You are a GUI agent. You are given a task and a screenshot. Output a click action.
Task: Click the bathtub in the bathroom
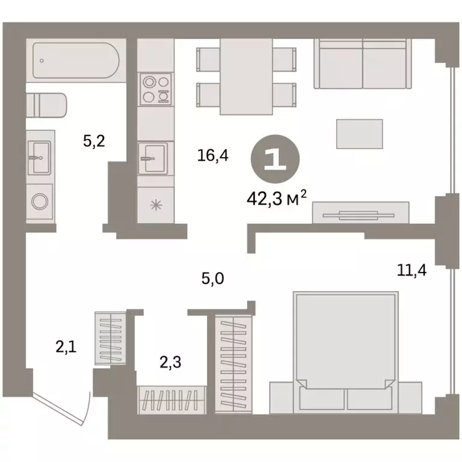pos(76,60)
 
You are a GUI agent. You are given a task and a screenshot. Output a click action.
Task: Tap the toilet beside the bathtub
pos(46,105)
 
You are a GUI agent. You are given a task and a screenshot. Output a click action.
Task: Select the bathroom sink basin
pos(40,158)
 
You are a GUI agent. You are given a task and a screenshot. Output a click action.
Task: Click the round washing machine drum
pos(40,202)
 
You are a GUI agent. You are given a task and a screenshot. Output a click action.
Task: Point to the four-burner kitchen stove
pos(155,89)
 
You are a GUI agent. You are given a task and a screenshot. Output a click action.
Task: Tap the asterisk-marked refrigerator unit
pos(156,205)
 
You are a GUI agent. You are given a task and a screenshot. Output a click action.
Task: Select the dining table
pos(246,76)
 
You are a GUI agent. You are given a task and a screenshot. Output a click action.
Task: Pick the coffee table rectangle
pos(360,134)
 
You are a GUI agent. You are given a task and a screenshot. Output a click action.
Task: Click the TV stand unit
pos(361,212)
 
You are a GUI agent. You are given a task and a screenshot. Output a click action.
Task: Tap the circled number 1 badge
pos(275,159)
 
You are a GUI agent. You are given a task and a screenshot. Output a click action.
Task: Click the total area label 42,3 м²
pos(277,199)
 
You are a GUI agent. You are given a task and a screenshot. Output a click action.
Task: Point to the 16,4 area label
pos(213,155)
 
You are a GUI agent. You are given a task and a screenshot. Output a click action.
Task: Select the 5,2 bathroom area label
pos(94,141)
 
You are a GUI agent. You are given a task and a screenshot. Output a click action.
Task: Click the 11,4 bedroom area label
pos(411,270)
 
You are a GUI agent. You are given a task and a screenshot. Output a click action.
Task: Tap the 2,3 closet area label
pos(171,362)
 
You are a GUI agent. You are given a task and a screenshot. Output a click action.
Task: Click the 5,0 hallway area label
pos(213,278)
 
